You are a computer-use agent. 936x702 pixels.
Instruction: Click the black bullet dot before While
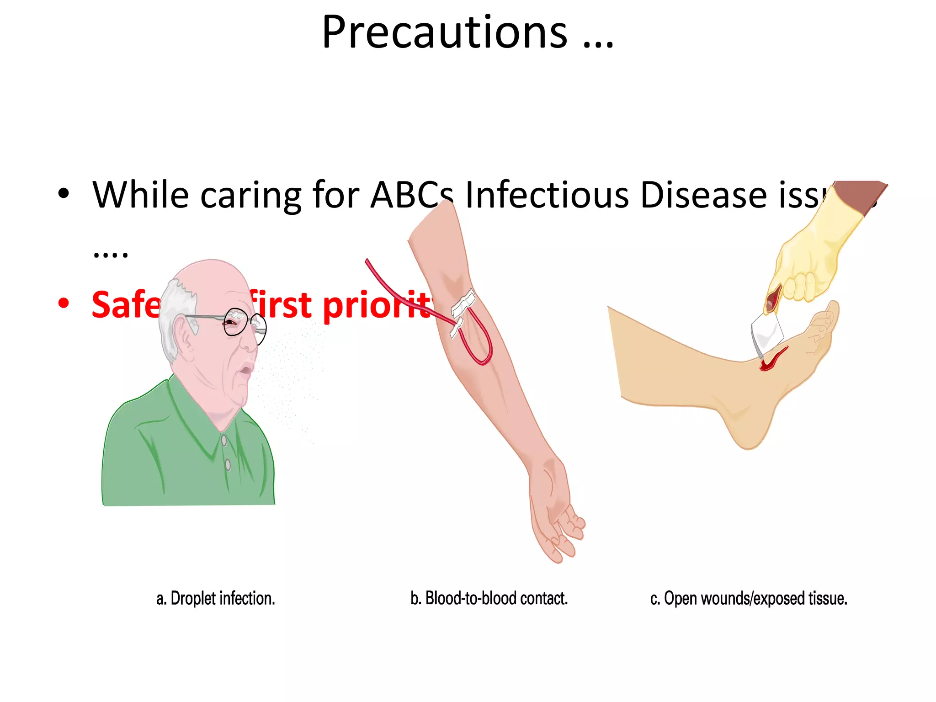point(64,193)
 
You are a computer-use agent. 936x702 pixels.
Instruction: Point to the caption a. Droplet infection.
point(216,598)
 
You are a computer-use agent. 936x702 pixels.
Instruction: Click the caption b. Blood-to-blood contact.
point(489,598)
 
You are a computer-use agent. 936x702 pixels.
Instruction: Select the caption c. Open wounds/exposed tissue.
point(749,598)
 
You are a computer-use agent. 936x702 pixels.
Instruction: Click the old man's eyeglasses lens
point(236,322)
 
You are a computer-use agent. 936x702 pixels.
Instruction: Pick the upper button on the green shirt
point(224,440)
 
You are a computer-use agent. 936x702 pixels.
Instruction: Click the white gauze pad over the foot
point(767,334)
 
